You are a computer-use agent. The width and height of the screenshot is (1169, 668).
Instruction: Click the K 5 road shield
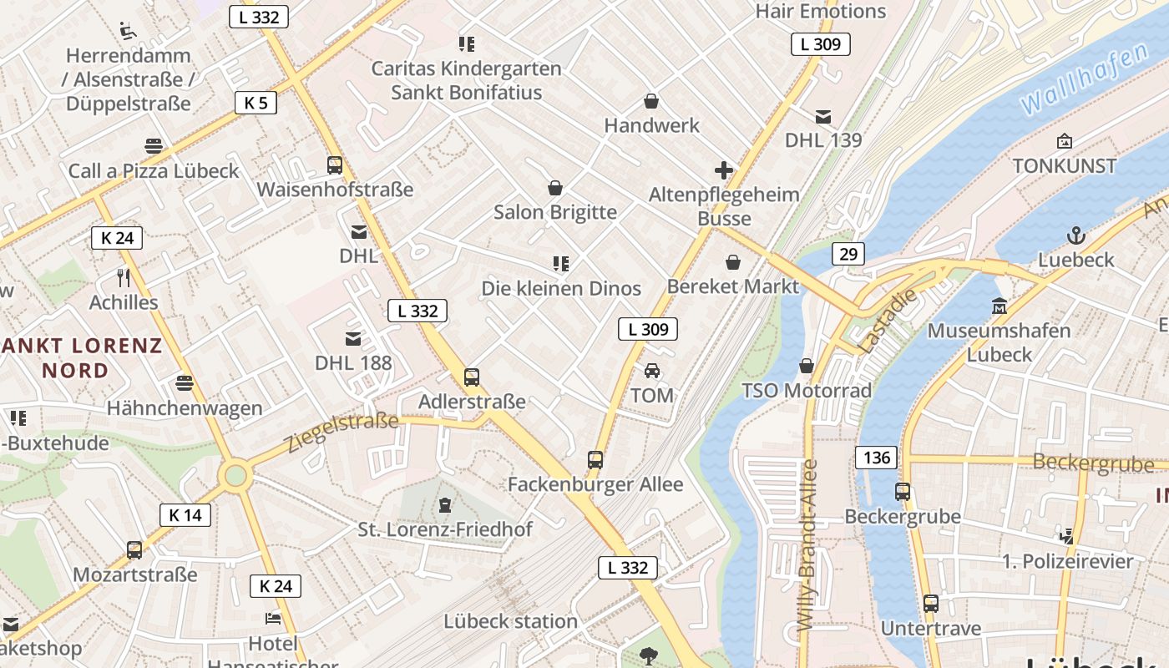click(256, 103)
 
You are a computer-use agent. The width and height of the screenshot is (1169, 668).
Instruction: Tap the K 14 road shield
click(185, 515)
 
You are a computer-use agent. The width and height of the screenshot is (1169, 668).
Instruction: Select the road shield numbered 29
click(848, 254)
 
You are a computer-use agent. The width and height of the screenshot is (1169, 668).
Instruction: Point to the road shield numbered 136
click(876, 458)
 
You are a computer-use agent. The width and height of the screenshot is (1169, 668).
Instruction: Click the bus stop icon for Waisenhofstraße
click(335, 165)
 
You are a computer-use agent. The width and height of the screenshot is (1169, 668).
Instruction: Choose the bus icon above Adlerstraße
click(472, 377)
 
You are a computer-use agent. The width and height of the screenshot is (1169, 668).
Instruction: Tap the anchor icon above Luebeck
click(1076, 235)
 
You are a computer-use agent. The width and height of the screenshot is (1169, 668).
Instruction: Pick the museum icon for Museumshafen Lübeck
click(999, 306)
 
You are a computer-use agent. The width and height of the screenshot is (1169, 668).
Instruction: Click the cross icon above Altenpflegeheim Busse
click(724, 171)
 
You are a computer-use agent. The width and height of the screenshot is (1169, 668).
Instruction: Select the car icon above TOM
click(652, 371)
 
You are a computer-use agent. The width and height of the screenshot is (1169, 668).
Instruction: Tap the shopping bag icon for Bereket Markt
click(733, 263)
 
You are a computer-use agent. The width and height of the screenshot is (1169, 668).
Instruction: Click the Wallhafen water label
click(1084, 80)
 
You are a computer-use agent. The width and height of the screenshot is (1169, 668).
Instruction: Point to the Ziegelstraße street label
click(342, 432)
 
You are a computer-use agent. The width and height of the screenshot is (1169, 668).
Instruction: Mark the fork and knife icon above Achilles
click(124, 277)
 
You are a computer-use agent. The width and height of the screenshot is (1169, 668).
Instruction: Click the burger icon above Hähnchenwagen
click(185, 383)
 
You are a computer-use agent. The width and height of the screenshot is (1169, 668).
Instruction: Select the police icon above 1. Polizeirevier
click(1067, 536)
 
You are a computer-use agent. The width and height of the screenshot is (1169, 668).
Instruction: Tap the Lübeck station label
click(510, 621)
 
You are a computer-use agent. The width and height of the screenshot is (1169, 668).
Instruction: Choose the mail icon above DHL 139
click(823, 116)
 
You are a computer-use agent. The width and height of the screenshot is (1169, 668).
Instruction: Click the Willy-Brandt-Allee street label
click(806, 544)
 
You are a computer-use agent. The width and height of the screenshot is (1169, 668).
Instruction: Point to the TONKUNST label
click(1065, 165)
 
